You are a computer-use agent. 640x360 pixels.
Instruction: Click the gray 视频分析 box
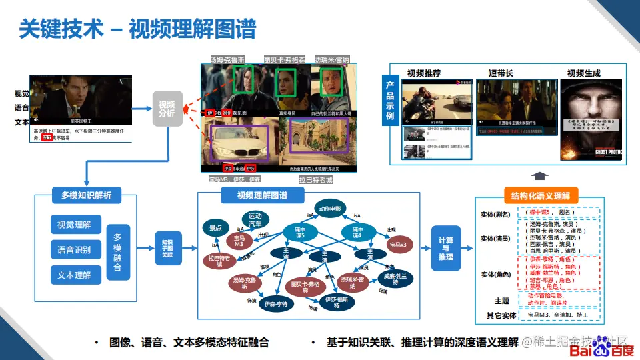tap(167, 108)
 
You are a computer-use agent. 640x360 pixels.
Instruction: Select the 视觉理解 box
tap(74, 225)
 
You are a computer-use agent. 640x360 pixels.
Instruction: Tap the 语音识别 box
tap(74, 250)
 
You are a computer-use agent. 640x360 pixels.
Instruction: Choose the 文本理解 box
tap(74, 275)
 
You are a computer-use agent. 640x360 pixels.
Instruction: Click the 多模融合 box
tap(117, 252)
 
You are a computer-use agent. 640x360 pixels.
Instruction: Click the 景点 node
tap(215, 228)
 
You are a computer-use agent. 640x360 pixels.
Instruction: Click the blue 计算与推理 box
tap(446, 247)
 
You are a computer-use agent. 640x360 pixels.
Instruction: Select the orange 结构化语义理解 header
tap(540, 195)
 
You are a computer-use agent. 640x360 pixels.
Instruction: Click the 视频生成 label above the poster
tap(583, 73)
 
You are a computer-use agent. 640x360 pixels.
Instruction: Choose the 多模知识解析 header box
tap(86, 195)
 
